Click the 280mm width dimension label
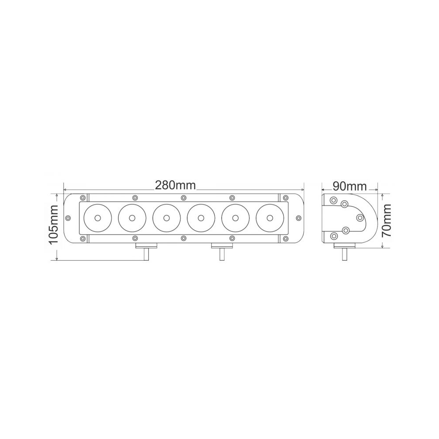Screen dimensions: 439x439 [175, 185]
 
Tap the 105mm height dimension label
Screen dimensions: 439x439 [53, 224]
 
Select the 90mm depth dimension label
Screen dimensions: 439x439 [350, 186]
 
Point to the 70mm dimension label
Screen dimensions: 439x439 [387, 220]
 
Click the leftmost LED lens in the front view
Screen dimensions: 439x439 [98, 218]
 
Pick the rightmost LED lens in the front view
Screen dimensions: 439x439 [270, 218]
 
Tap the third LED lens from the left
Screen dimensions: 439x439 [166, 218]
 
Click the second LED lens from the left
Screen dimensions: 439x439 [132, 218]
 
